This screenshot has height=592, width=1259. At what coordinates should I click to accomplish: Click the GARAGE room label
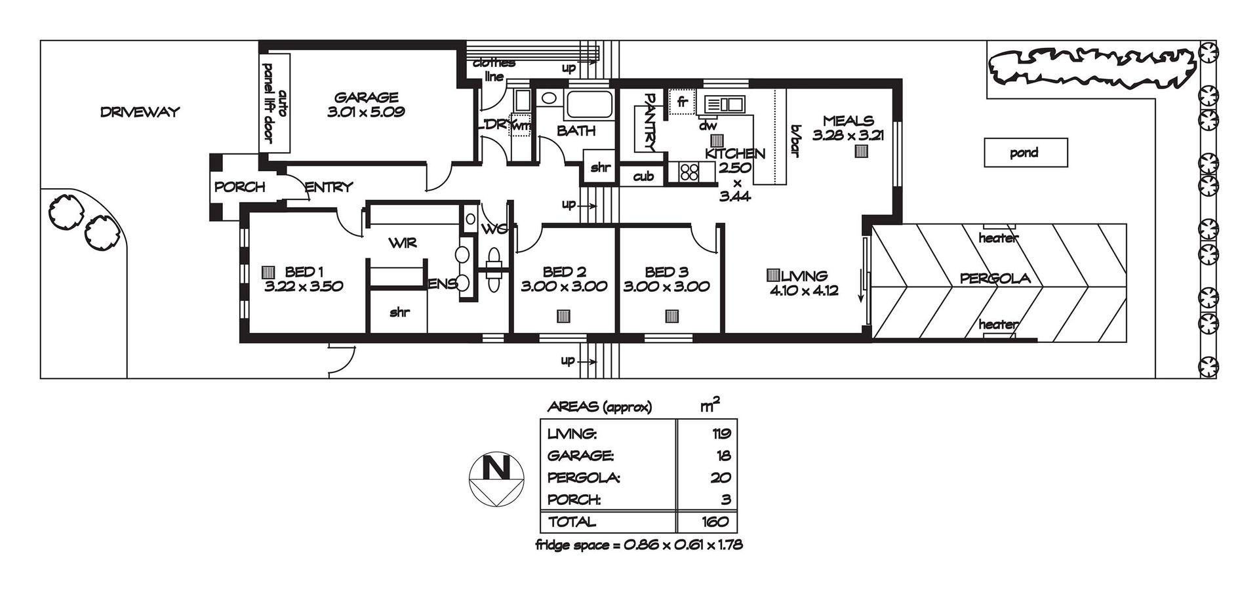tap(366, 97)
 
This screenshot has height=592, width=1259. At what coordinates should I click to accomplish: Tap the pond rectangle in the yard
tap(1026, 153)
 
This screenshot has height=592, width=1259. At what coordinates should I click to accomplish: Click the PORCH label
tap(240, 187)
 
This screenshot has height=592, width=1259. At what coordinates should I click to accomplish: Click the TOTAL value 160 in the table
tap(714, 522)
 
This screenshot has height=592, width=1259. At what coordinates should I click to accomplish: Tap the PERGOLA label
tap(995, 279)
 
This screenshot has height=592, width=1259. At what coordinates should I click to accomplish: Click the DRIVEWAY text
tap(140, 112)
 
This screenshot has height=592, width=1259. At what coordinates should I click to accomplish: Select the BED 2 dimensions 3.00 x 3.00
tap(564, 286)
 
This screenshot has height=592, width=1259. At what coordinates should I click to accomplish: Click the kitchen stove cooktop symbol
tap(689, 172)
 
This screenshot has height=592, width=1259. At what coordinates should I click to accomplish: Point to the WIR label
tap(403, 243)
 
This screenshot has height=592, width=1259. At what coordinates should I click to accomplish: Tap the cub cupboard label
tap(643, 176)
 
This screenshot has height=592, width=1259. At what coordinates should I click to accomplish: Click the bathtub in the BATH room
tap(589, 106)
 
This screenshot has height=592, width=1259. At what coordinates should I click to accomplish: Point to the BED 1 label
tap(304, 272)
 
